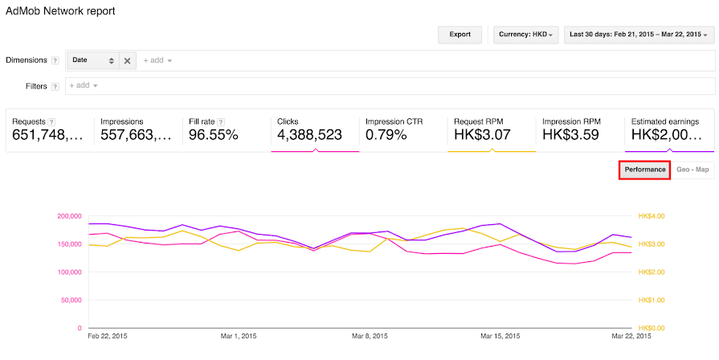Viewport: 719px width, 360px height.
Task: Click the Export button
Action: pyautogui.click(x=460, y=35)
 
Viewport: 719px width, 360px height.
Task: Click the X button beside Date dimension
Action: pyautogui.click(x=128, y=60)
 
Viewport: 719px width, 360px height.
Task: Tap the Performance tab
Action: pyautogui.click(x=645, y=170)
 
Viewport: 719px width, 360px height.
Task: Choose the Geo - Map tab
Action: pyautogui.click(x=693, y=170)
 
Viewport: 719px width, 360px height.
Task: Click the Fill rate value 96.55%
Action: pyautogui.click(x=214, y=135)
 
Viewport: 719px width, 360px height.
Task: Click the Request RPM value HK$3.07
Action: pyautogui.click(x=482, y=135)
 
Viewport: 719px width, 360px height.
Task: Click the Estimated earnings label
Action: pyautogui.click(x=665, y=121)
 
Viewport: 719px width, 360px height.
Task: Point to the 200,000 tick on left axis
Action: pyautogui.click(x=69, y=216)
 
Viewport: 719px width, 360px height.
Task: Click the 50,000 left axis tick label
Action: pyautogui.click(x=71, y=301)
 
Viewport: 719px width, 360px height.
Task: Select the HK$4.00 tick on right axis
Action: pyautogui.click(x=652, y=216)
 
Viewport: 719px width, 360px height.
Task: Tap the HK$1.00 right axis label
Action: pyautogui.click(x=652, y=301)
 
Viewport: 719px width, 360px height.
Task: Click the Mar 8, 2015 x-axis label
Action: pyautogui.click(x=370, y=337)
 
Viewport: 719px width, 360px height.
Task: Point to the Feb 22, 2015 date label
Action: pyautogui.click(x=107, y=337)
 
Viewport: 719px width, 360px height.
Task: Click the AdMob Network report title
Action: pyautogui.click(x=60, y=11)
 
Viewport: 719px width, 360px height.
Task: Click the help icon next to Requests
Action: pyautogui.click(x=51, y=121)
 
